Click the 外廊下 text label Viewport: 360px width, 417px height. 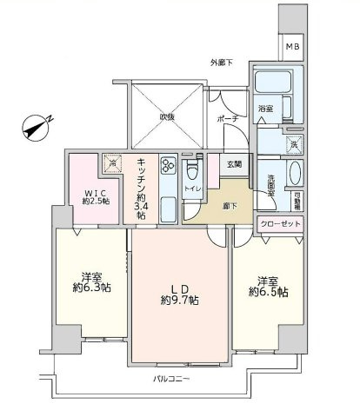223,63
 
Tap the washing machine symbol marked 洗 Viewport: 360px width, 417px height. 293,143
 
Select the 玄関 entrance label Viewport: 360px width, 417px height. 235,162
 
